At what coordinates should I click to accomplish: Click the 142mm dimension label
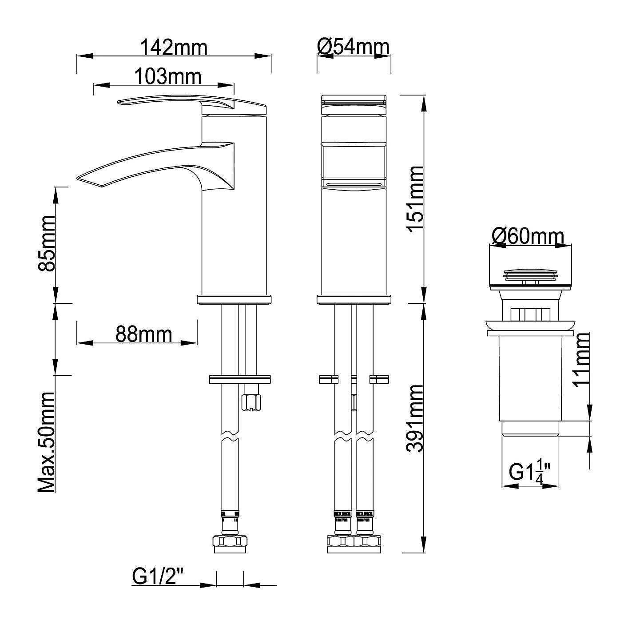(174, 47)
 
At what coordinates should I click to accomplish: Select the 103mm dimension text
(167, 76)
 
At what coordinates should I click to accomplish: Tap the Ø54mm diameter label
(353, 46)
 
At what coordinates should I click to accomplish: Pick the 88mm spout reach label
(143, 334)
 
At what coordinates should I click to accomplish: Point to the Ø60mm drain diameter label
(528, 236)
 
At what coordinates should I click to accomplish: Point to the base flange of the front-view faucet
(354, 299)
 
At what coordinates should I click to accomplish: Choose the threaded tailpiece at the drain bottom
(530, 429)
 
